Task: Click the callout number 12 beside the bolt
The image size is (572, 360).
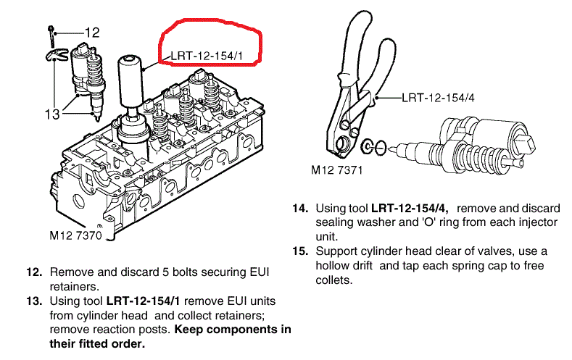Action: pyautogui.click(x=92, y=32)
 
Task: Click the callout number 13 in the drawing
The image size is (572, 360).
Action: pyautogui.click(x=52, y=114)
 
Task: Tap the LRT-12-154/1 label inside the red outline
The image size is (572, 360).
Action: pyautogui.click(x=207, y=54)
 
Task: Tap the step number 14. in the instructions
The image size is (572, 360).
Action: pyautogui.click(x=301, y=209)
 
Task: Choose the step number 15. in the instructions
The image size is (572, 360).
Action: pyautogui.click(x=301, y=251)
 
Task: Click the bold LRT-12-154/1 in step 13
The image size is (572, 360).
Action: pyautogui.click(x=143, y=300)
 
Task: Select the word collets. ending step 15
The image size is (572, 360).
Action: pyautogui.click(x=333, y=280)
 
